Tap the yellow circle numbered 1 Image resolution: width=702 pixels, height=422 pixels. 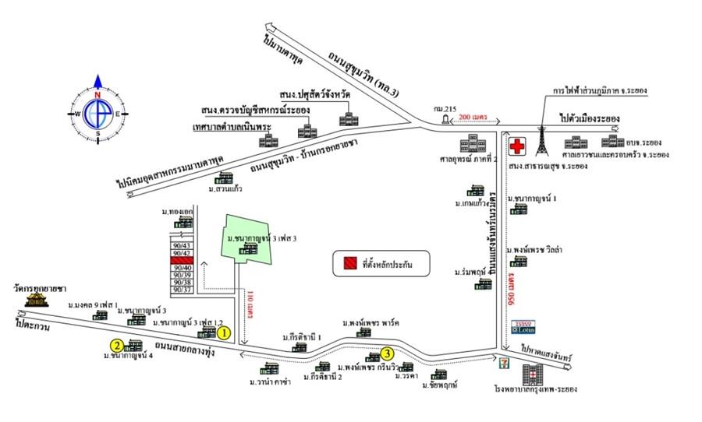click(224, 333)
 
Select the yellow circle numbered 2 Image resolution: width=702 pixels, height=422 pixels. click(115, 346)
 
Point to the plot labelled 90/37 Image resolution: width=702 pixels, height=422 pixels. click(182, 290)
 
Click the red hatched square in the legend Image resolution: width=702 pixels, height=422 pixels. click(346, 264)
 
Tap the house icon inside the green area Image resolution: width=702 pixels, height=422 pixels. click(249, 248)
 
